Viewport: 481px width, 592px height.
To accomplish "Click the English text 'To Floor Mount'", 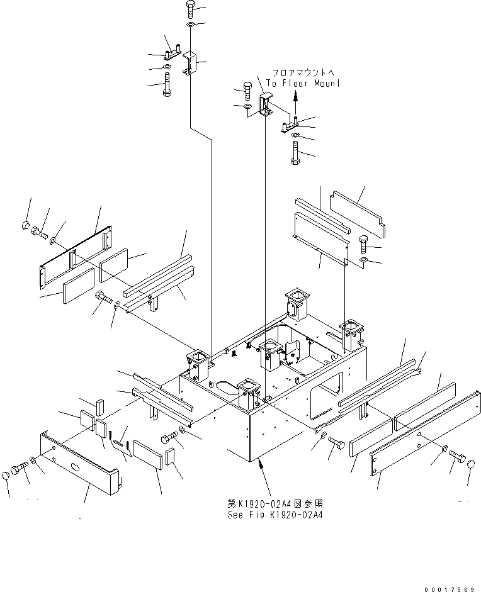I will coord(303,82).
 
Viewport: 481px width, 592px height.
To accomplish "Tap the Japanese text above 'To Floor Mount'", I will coord(305,72).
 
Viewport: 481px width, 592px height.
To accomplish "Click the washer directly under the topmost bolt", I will coord(191,25).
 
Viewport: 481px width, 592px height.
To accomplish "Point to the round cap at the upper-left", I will coord(25,225).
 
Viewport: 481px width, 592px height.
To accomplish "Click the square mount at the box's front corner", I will coord(247,397).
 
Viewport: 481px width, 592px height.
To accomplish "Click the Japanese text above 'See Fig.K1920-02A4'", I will coord(278,504).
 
